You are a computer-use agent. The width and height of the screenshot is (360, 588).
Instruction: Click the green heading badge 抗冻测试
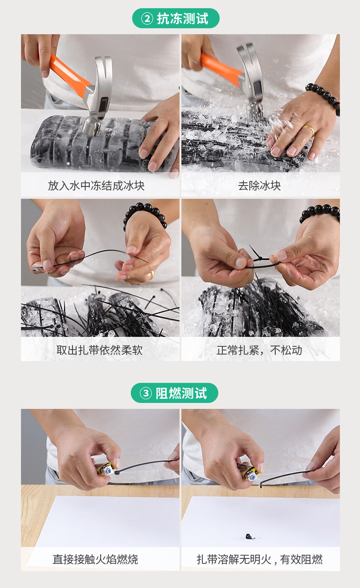tap(175, 18)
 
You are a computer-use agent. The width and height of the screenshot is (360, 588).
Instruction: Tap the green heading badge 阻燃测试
tap(175, 393)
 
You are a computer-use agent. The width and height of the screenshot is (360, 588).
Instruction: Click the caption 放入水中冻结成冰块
tap(96, 186)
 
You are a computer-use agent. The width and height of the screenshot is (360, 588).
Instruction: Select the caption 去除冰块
tap(259, 186)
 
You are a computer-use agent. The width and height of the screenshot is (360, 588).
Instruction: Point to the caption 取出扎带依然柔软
tap(99, 350)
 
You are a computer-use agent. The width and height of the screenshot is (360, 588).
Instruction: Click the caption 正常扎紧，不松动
tap(259, 350)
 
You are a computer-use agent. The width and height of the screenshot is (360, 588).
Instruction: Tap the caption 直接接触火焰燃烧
tap(95, 559)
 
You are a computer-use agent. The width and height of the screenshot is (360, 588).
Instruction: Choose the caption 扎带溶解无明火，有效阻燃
tap(259, 559)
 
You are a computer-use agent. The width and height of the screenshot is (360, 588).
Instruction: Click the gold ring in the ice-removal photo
tap(309, 129)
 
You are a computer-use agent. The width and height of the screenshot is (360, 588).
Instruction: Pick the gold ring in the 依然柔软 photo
tap(152, 275)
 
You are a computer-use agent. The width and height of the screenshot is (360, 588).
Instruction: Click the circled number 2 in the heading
tap(147, 18)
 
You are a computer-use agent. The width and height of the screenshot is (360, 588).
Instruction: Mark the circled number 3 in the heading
tap(146, 393)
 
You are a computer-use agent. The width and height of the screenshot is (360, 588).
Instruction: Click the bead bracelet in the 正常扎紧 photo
tap(320, 212)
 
